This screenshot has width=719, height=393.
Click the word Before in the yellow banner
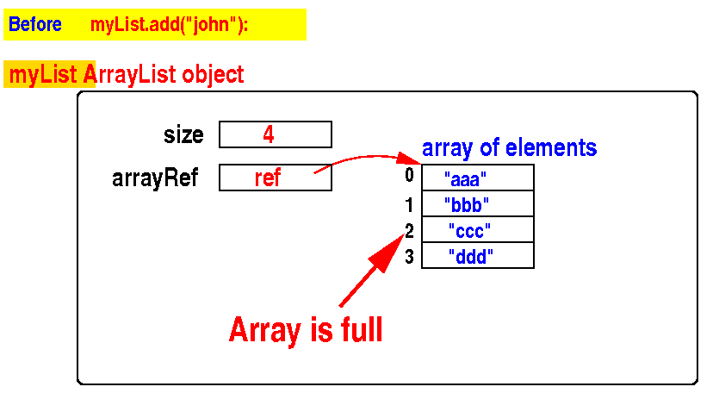pos(35,25)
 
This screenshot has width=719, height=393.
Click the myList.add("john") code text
pos(169,25)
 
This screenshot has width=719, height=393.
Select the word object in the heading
pos(213,75)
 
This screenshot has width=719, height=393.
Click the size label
pos(183,135)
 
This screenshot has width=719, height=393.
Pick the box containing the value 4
pos(276,134)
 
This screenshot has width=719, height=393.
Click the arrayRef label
pos(155,178)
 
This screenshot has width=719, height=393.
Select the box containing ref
pos(276,178)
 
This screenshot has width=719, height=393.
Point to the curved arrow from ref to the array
pos(366,158)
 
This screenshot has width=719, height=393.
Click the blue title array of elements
pos(509,147)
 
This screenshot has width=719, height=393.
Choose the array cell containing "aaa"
pos(478,178)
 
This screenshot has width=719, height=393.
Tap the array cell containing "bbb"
pos(478,204)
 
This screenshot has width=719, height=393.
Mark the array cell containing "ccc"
pos(478,230)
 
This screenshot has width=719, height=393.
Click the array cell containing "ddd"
pos(478,256)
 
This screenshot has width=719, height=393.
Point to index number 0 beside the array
pos(410,176)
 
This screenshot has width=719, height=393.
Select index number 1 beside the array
pos(409,204)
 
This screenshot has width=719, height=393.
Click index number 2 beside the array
pos(409,230)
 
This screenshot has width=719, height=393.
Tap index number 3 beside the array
pos(409,256)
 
